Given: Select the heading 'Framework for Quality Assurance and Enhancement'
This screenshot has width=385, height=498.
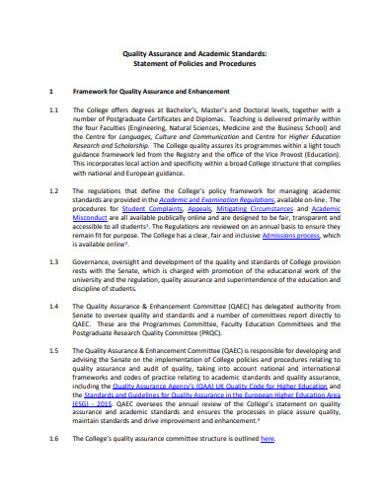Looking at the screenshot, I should pyautogui.click(x=162, y=91).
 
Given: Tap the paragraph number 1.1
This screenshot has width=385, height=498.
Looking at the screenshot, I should pyautogui.click(x=54, y=110).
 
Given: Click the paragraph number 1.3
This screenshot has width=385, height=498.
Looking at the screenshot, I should pyautogui.click(x=54, y=263).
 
